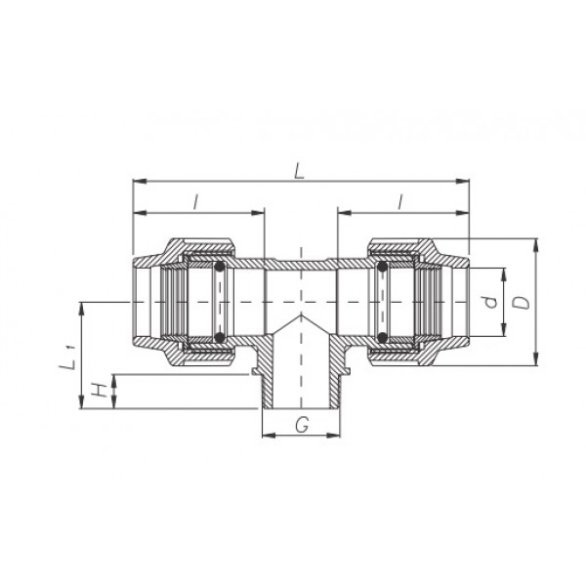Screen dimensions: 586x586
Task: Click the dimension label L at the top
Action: coord(299,172)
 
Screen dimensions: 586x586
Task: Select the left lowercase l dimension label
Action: coord(195,202)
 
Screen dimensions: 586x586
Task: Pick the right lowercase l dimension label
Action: coord(400,202)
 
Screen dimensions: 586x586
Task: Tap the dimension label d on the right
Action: coord(490,302)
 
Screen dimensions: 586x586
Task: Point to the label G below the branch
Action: coord(302,425)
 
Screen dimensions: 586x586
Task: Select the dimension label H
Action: coord(98,391)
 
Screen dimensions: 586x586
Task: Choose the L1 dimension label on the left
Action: coord(68,358)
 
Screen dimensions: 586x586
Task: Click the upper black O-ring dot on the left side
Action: coord(220,267)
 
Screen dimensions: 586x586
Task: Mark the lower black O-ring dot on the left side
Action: coord(220,337)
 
